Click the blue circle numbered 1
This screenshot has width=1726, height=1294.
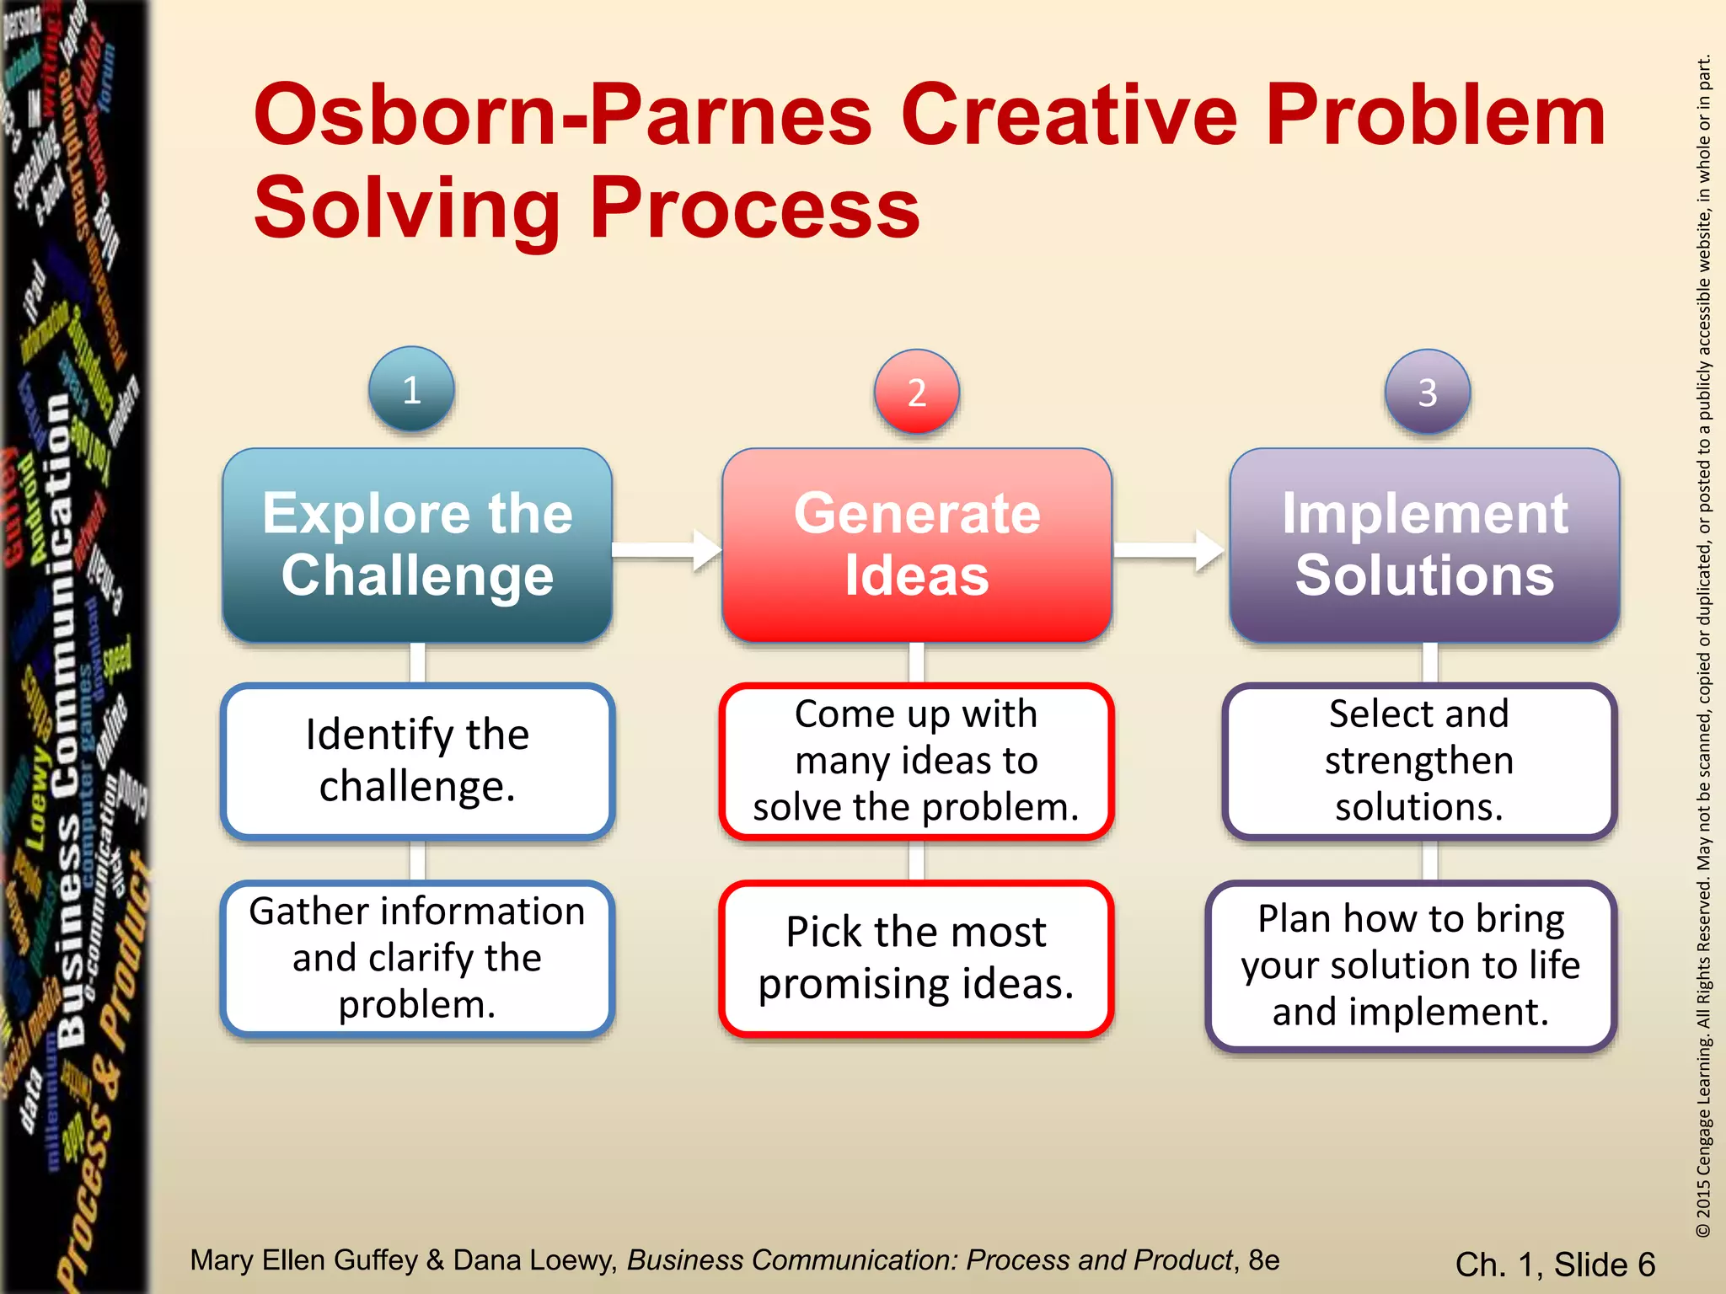(x=411, y=390)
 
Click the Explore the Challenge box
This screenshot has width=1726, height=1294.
(x=417, y=545)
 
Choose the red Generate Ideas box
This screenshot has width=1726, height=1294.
(x=917, y=545)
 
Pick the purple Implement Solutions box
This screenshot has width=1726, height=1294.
(x=1424, y=545)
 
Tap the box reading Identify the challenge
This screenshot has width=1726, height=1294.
(x=417, y=761)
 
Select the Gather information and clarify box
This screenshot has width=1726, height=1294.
(x=417, y=958)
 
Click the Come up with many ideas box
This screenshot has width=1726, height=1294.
(x=917, y=761)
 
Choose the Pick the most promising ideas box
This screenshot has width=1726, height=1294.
(x=917, y=958)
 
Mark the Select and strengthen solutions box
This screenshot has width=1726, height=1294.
(x=1419, y=761)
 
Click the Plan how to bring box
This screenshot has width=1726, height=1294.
(x=1411, y=965)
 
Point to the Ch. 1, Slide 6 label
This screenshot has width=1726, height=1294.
(x=1555, y=1265)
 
